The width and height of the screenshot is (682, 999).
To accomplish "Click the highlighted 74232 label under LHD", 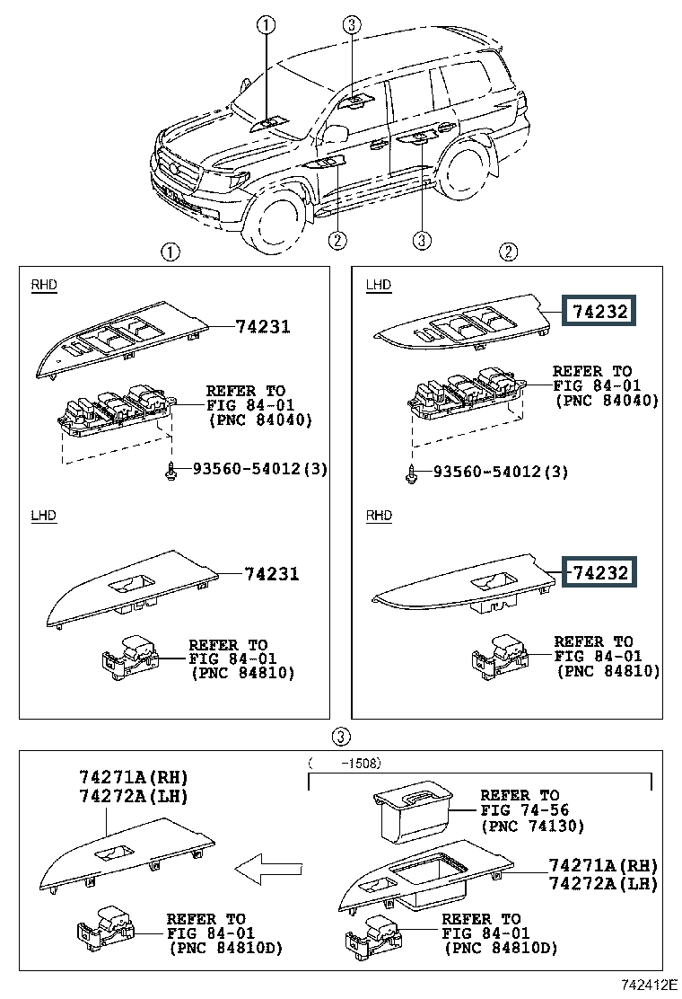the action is [x=599, y=311].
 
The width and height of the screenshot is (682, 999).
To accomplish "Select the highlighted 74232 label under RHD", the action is [x=599, y=572].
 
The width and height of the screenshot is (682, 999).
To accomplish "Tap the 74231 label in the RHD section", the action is [x=263, y=326].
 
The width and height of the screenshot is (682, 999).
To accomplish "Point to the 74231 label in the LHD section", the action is [x=272, y=573].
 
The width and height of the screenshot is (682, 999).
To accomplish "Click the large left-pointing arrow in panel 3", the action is [x=267, y=869].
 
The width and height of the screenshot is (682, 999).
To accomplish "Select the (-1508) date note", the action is [x=345, y=763].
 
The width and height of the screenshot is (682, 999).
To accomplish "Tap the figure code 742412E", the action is [x=648, y=985].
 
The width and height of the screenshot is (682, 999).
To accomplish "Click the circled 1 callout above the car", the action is [x=266, y=25].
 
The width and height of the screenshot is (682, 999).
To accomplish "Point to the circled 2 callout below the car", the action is [x=337, y=240].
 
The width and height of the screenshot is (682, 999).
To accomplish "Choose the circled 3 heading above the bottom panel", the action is [x=342, y=737].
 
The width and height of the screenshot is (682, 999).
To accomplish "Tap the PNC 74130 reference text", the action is [x=532, y=827].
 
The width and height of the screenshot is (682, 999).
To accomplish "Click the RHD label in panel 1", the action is [x=44, y=284].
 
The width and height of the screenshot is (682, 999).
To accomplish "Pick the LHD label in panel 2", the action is [x=379, y=284].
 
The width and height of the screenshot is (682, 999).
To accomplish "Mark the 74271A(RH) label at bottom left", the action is [x=134, y=777].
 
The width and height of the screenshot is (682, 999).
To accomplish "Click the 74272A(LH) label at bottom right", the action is [x=603, y=884].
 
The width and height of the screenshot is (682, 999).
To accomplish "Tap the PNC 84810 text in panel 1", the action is [x=243, y=674].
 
